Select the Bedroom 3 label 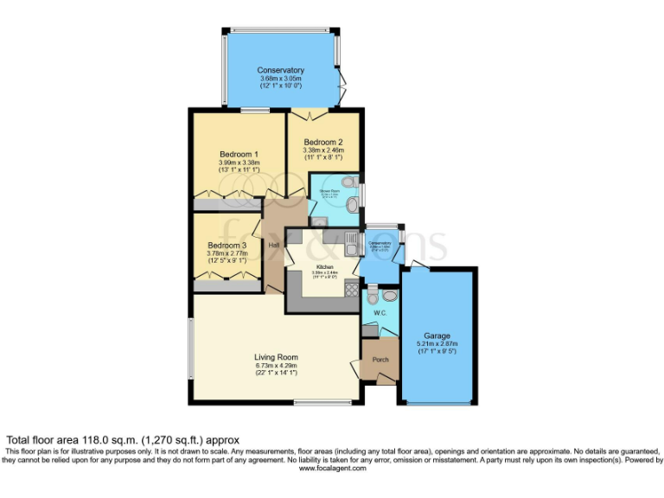(x=228, y=246)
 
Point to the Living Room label (x=276, y=356)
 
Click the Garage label (x=437, y=335)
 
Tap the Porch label (x=380, y=359)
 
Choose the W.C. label (x=380, y=312)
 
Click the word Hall (x=274, y=246)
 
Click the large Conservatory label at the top (x=280, y=70)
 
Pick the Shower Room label (x=329, y=191)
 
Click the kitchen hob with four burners (x=351, y=290)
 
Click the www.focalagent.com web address (x=331, y=468)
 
